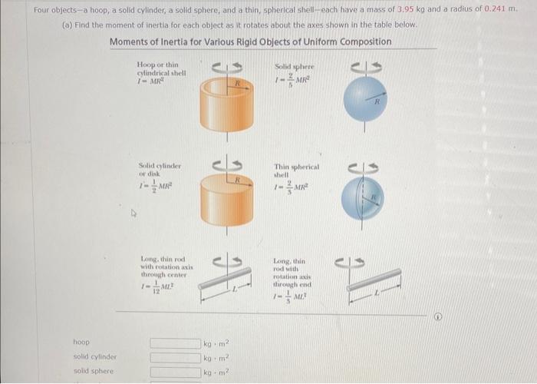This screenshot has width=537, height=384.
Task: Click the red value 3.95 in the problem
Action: [x=404, y=10]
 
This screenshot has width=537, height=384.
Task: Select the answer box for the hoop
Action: [x=174, y=343]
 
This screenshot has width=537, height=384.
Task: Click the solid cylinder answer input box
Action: [x=174, y=357]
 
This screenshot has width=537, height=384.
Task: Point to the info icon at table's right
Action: [x=437, y=314]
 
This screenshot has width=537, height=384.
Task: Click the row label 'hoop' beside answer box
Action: [x=81, y=343]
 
